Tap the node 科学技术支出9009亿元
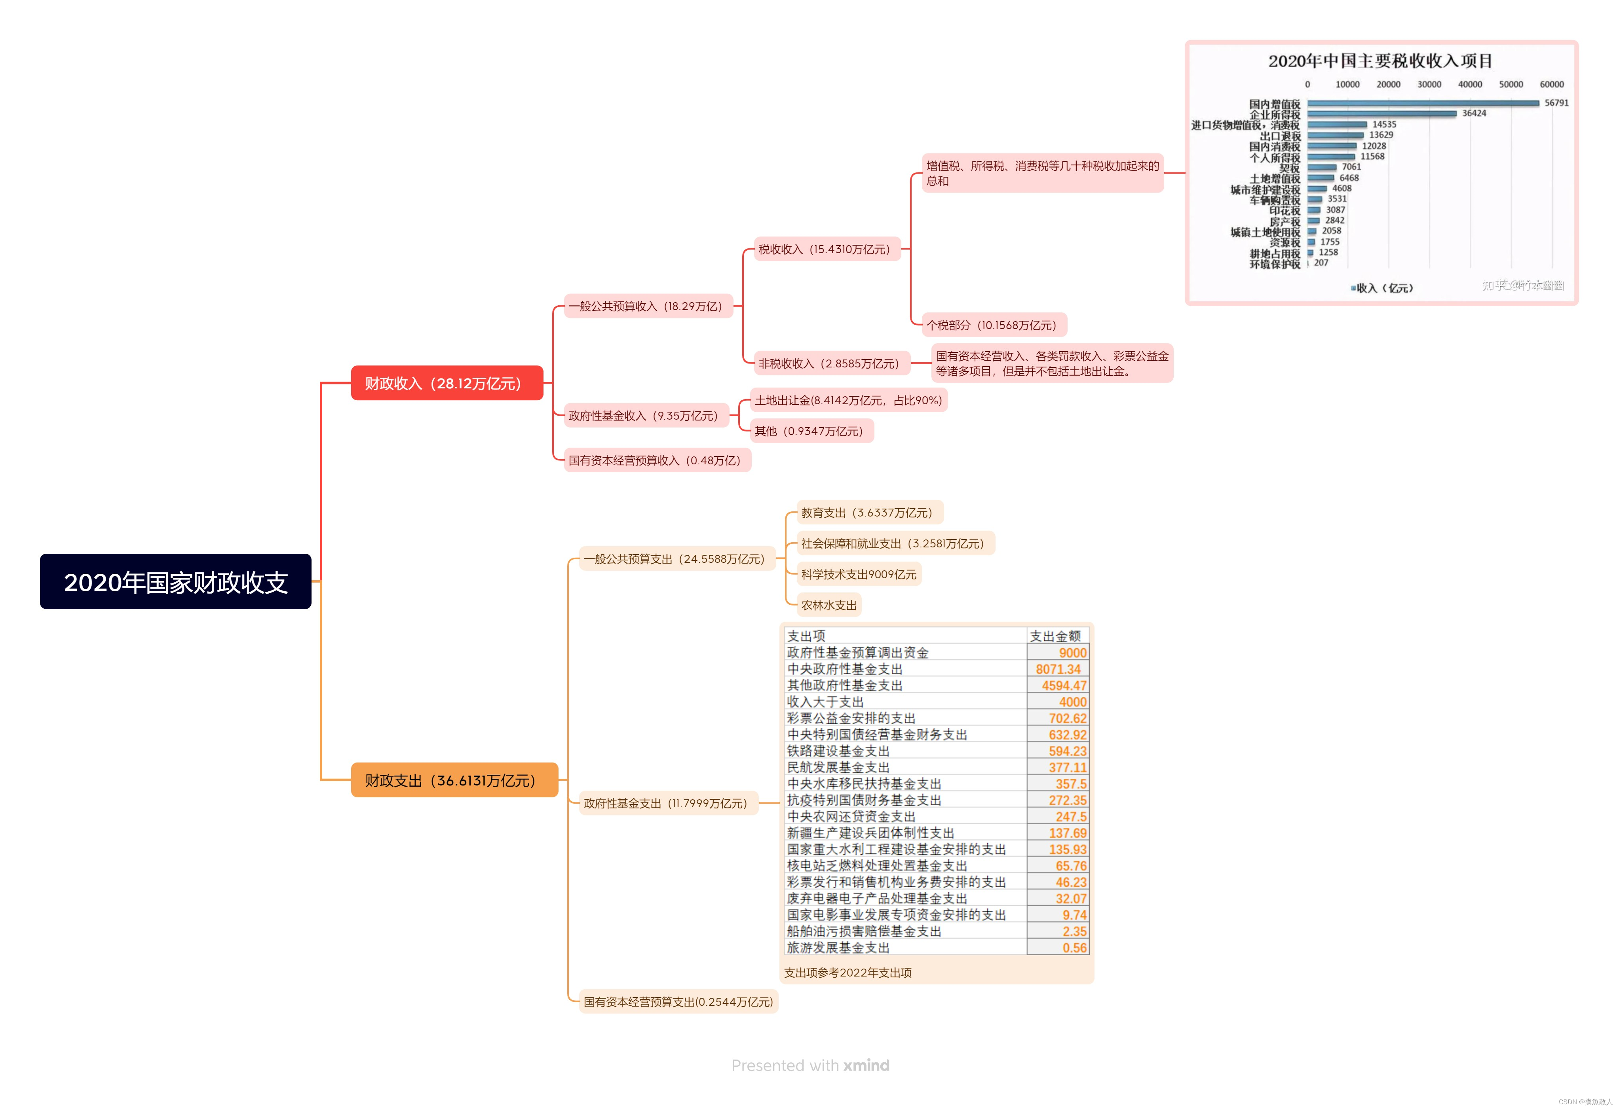click(858, 574)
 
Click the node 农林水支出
click(829, 605)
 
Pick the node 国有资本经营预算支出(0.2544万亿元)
click(678, 1002)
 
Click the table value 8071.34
click(1058, 669)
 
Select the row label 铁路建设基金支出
click(838, 751)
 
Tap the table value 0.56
click(1074, 948)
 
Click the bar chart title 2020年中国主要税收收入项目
click(1380, 61)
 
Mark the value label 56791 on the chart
click(1556, 103)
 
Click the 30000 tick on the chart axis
click(1429, 84)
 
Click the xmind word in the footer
click(866, 1065)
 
